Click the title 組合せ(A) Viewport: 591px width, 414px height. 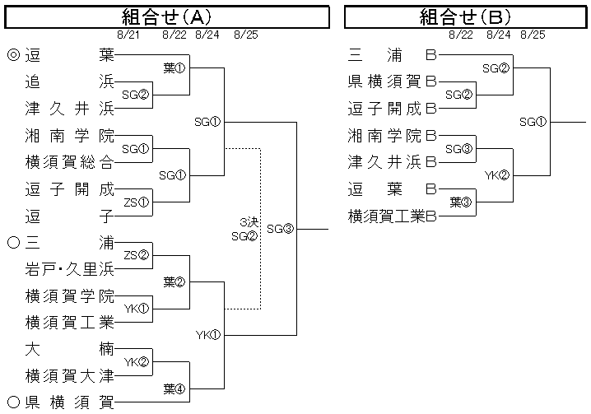(x=166, y=16)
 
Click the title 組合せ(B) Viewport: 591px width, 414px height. (x=466, y=16)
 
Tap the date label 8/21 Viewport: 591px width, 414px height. (x=130, y=35)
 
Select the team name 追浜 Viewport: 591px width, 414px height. (x=69, y=82)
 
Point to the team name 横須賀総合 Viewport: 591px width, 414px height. (x=69, y=162)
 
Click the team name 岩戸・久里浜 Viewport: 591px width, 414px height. (x=69, y=269)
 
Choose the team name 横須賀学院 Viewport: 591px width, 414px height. (x=69, y=295)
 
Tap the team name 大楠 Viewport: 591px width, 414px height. (x=69, y=349)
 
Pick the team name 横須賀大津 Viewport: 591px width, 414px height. (x=69, y=376)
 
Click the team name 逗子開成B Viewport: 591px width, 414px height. (x=392, y=109)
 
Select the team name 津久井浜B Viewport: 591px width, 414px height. (x=392, y=162)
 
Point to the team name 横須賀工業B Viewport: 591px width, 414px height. (x=392, y=216)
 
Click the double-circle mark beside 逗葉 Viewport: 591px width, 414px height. (x=12, y=56)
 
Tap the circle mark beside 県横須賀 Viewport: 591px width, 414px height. (x=12, y=402)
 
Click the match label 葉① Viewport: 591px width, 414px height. (x=174, y=68)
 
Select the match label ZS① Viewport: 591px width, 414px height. (x=136, y=202)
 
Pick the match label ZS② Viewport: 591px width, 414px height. (x=136, y=256)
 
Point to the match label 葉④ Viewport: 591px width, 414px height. (x=174, y=388)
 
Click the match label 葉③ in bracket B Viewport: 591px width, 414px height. (x=460, y=202)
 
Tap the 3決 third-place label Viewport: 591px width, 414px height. (x=248, y=222)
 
